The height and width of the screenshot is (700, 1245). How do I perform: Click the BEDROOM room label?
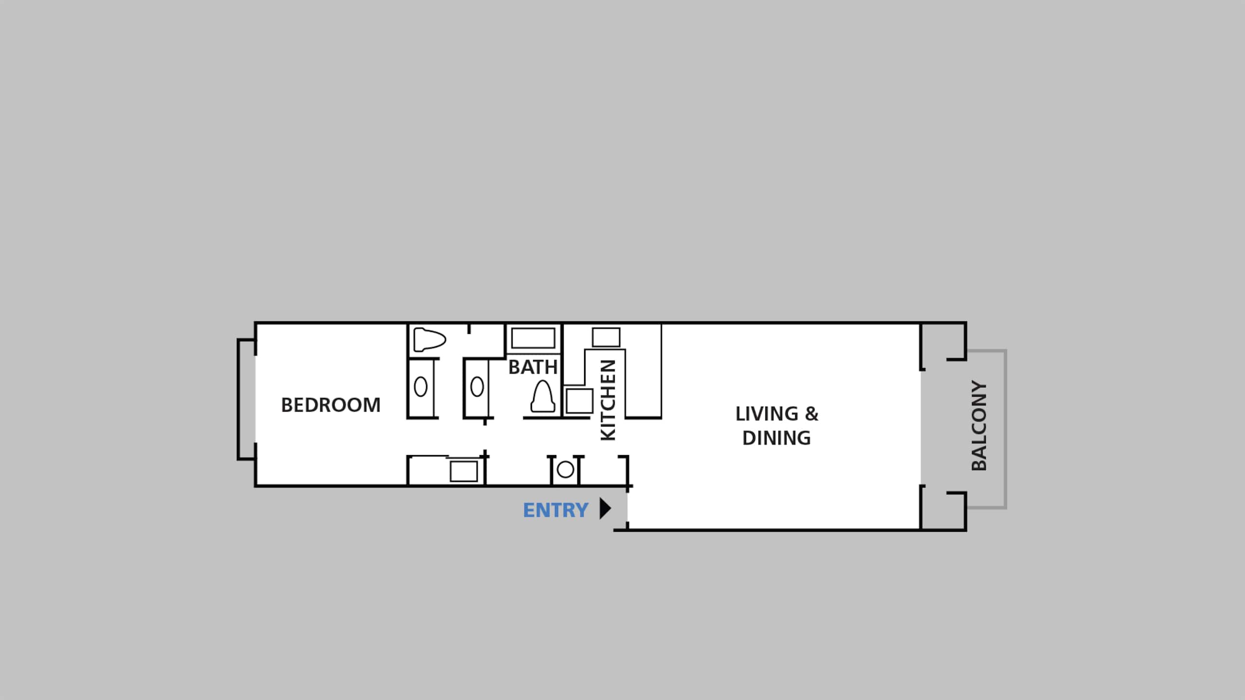coord(331,405)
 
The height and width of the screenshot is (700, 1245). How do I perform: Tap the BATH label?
coord(533,367)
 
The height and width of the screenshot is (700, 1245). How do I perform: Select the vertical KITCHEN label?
coord(608,400)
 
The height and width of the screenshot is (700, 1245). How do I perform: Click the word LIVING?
coord(767,414)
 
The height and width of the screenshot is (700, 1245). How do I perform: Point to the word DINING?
coord(777,438)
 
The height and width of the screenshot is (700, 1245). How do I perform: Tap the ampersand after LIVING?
coord(812,414)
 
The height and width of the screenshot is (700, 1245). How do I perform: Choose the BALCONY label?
coord(979,425)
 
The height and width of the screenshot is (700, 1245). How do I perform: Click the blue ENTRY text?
coord(555,510)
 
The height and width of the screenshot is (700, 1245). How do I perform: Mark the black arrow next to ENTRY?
coord(605,508)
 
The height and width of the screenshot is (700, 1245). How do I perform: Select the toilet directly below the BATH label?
coord(543,397)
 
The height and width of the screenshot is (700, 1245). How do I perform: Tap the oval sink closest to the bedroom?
coord(421,387)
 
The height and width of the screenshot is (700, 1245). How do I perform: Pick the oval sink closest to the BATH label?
coord(477,387)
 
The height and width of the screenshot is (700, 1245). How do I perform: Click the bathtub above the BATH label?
coord(534,338)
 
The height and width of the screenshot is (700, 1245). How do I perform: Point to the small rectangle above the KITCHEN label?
coord(606,337)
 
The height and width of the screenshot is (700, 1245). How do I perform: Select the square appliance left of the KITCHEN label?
coord(579,401)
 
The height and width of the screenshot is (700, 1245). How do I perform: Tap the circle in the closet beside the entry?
coord(565,470)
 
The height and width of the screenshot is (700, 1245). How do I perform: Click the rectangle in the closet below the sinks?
coord(463,471)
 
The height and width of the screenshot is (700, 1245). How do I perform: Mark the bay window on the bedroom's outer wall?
coord(239,399)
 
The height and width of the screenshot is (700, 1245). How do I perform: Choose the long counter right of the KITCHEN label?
coord(643,371)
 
